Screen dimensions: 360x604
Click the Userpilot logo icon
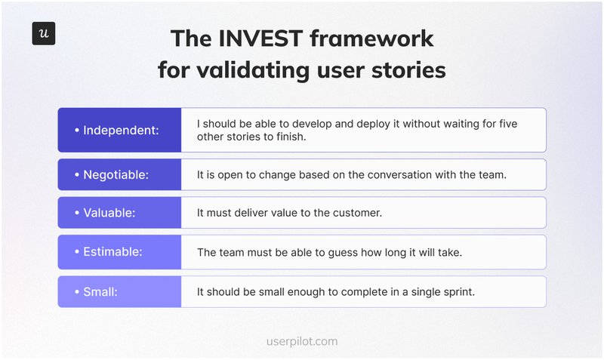click(44, 34)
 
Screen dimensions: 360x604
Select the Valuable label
click(109, 213)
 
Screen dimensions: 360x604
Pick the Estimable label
click(112, 252)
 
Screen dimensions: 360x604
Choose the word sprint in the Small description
click(455, 291)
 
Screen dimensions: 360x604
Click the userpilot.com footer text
click(302, 340)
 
